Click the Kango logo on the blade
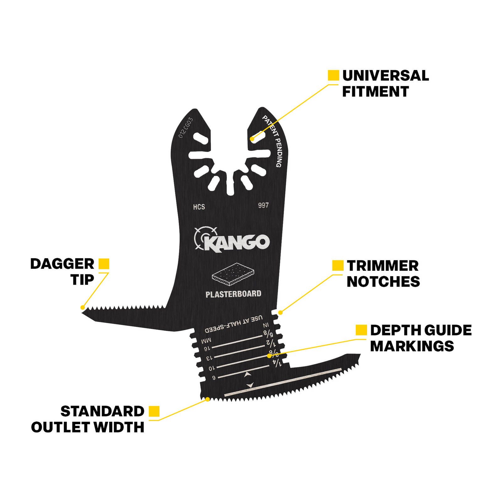coord(232,239)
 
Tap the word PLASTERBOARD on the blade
coord(233,294)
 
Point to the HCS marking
coord(199,207)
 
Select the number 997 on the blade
coord(264,205)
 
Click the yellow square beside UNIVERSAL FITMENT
coord(333,75)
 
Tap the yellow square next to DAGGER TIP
coord(104,264)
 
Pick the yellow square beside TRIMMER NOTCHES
coord(338,265)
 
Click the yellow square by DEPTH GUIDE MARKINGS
coord(361,330)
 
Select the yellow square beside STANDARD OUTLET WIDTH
coord(154,411)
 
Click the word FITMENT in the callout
coord(376,92)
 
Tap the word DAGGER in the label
coord(62,264)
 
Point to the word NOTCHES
coord(383,281)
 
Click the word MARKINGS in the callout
coord(412,346)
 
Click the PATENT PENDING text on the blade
coord(272,141)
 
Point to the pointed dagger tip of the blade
coord(82,311)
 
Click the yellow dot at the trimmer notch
coord(280,312)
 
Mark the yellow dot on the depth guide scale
coord(269,356)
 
